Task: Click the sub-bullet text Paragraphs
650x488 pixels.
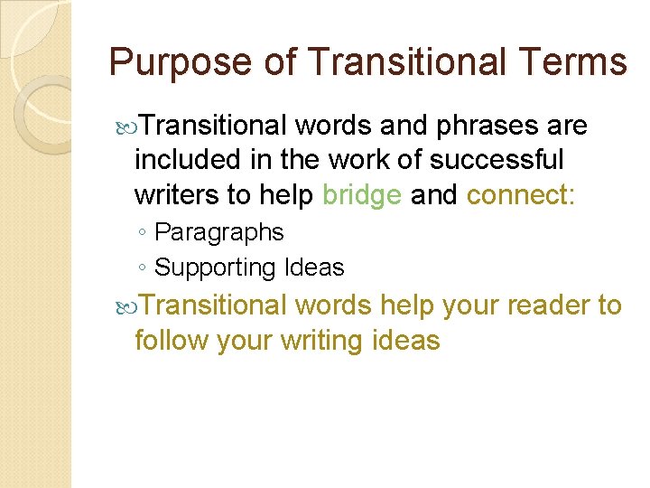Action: coord(219,232)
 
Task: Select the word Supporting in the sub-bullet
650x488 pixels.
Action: coord(215,267)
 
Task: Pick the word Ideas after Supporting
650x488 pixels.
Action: coord(314,267)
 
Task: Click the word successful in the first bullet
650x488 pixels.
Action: coord(509,160)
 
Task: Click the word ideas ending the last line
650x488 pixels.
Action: coord(405,341)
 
